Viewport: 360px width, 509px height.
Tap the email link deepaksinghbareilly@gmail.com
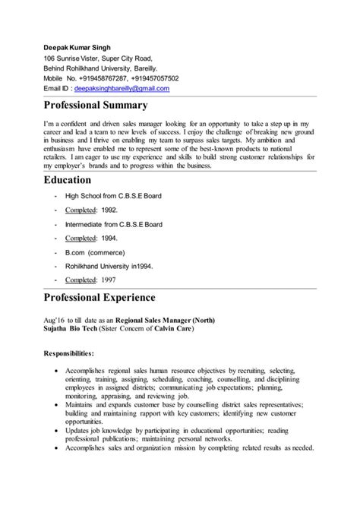click(122, 88)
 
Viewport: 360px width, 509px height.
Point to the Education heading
click(78, 180)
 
